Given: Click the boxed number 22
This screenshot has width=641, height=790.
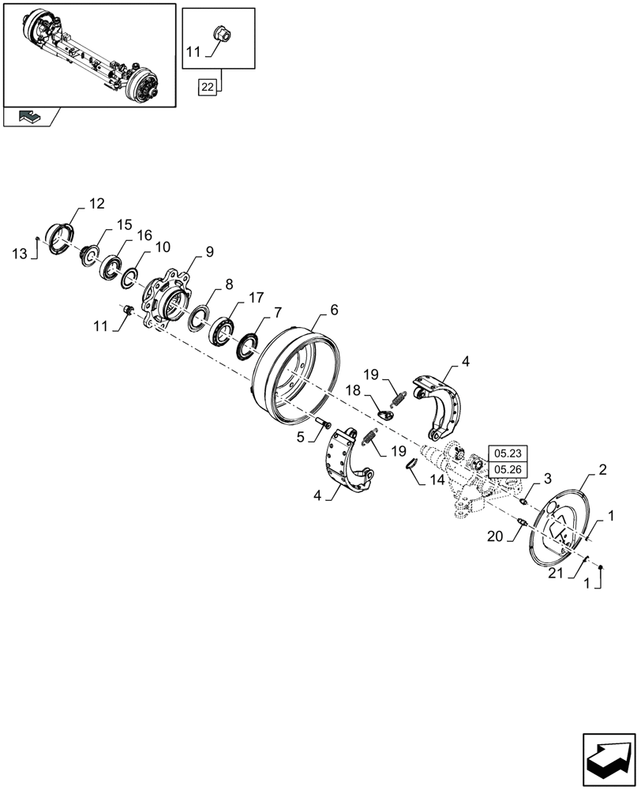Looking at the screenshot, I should [207, 88].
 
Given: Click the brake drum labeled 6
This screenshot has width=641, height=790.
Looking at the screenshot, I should [296, 371].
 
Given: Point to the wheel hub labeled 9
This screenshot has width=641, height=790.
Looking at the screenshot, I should [167, 300].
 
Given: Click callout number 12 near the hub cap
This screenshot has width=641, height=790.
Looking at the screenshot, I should [96, 204].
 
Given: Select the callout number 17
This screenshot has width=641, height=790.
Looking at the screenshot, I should [255, 298].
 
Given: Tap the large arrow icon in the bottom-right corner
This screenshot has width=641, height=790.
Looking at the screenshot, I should [609, 759].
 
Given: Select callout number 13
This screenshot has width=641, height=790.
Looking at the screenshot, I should [19, 253].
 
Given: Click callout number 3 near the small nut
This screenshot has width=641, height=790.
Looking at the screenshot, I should [549, 480].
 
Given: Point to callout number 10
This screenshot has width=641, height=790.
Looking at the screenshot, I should [162, 247].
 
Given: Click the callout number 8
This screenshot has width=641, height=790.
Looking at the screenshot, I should [228, 283].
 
